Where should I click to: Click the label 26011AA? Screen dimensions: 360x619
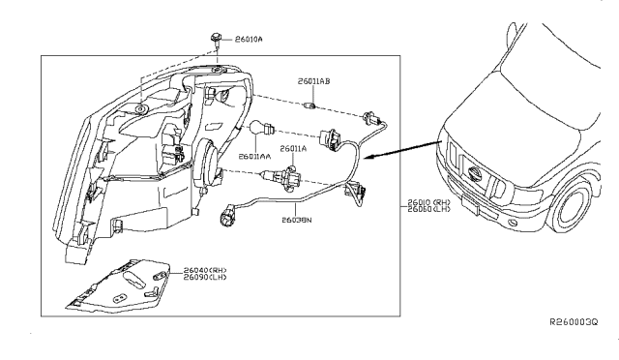pyautogui.click(x=255, y=155)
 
